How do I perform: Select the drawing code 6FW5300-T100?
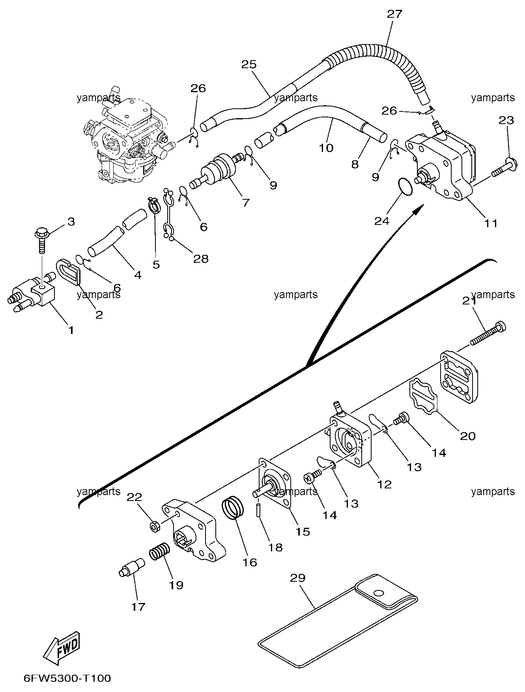67,678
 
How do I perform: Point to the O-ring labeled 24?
405,186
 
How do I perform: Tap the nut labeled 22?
155,526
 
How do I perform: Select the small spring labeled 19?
160,552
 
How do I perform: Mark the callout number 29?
298,578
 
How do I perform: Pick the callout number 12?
384,484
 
